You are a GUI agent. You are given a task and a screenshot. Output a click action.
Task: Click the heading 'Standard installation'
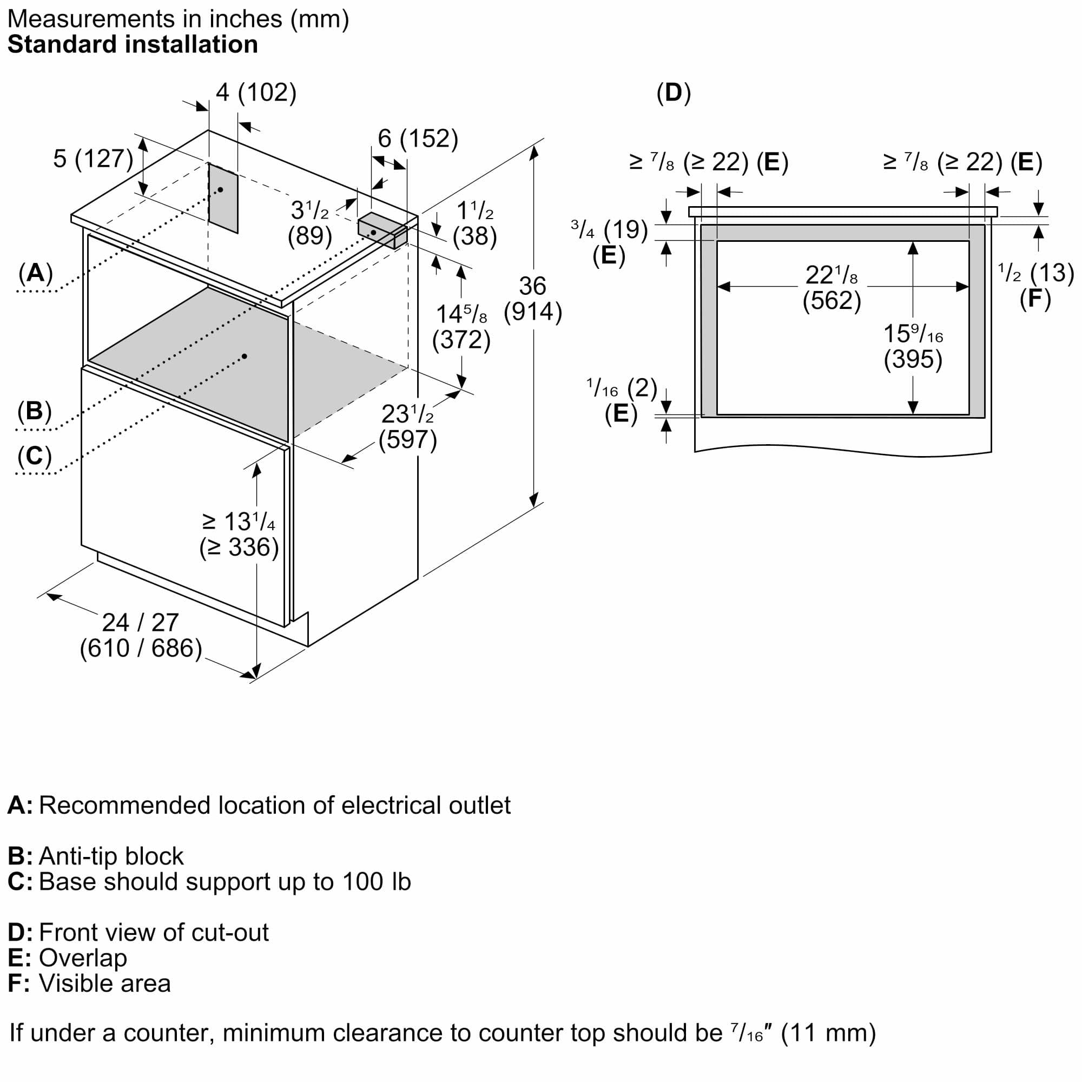133,45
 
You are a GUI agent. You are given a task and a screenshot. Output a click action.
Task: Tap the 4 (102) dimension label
256,93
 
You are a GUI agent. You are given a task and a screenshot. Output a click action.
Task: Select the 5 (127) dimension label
93,159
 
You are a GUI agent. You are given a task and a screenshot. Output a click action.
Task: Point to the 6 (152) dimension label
418,138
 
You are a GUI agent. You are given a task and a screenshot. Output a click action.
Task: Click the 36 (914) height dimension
532,299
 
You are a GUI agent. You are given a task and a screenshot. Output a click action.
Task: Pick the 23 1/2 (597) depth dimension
408,427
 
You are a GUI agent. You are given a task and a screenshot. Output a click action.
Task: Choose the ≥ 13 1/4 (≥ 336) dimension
239,535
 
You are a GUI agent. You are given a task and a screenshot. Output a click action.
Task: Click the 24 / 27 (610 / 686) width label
141,635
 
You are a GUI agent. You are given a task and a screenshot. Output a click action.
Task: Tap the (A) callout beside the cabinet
35,273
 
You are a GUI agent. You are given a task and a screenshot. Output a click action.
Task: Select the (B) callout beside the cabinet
35,411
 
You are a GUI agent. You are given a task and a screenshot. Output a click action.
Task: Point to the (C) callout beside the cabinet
35,456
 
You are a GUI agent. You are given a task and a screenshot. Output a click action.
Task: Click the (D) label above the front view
673,93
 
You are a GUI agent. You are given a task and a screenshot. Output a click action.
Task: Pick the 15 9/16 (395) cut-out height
913,346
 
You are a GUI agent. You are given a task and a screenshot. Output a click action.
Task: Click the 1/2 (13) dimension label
1035,273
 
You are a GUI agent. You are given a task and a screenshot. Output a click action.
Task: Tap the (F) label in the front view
1035,299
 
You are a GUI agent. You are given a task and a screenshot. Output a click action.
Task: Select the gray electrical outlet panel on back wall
223,197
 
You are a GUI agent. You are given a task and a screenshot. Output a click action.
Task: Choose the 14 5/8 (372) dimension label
461,327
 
